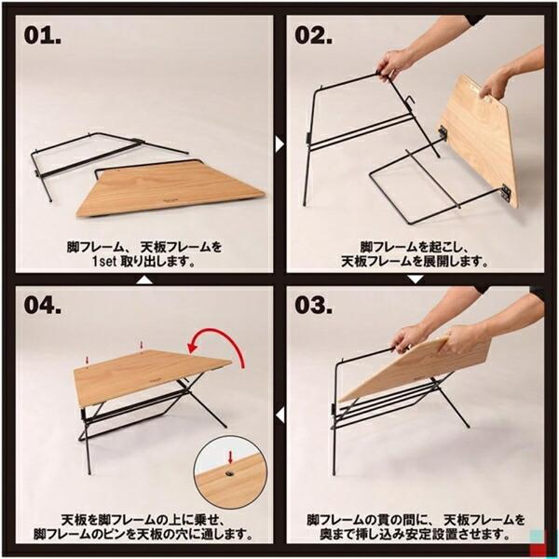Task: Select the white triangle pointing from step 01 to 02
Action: (x=279, y=144)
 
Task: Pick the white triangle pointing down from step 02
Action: (x=415, y=278)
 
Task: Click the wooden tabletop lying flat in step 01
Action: (x=180, y=189)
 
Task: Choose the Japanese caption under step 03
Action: (x=415, y=527)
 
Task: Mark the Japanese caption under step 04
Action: (x=140, y=527)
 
